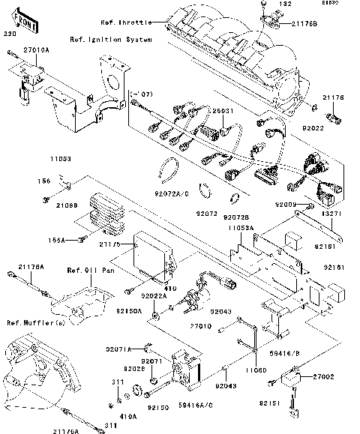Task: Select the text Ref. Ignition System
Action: coord(110,38)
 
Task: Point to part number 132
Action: coord(285,4)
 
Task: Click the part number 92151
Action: coord(270,403)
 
